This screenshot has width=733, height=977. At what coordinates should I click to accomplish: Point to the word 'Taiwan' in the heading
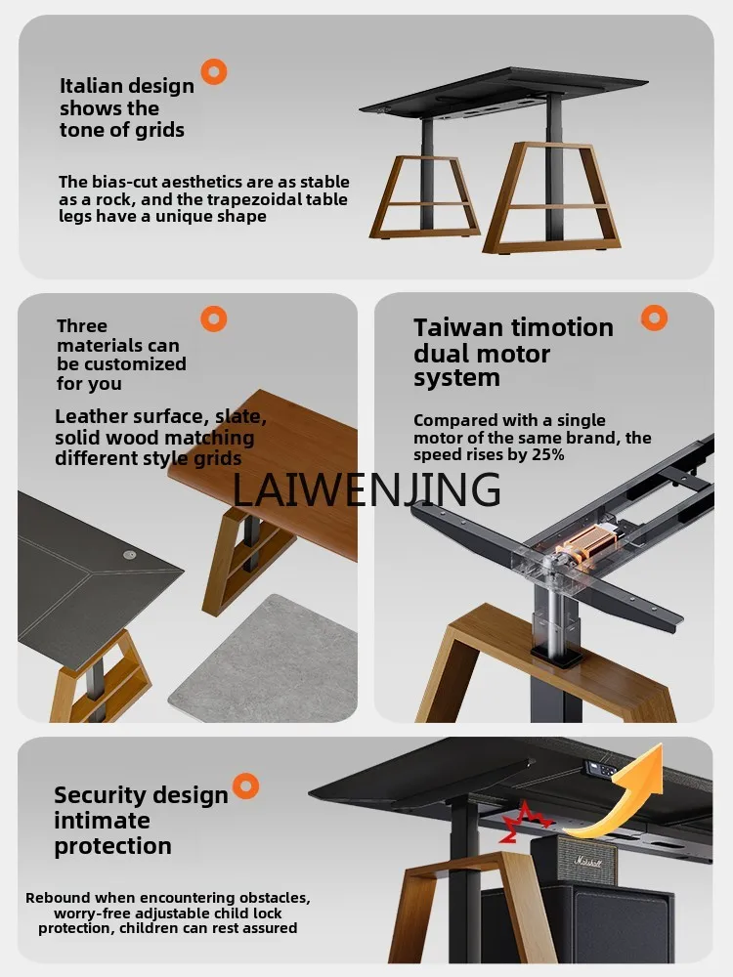[458, 327]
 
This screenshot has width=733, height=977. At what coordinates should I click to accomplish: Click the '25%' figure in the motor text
[548, 455]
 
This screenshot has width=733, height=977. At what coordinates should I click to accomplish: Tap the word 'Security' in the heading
[100, 795]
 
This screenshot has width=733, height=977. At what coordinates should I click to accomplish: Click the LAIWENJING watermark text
[366, 489]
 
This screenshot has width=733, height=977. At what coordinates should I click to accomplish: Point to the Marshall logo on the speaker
[587, 863]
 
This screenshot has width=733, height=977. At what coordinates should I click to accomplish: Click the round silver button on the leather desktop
[129, 554]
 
